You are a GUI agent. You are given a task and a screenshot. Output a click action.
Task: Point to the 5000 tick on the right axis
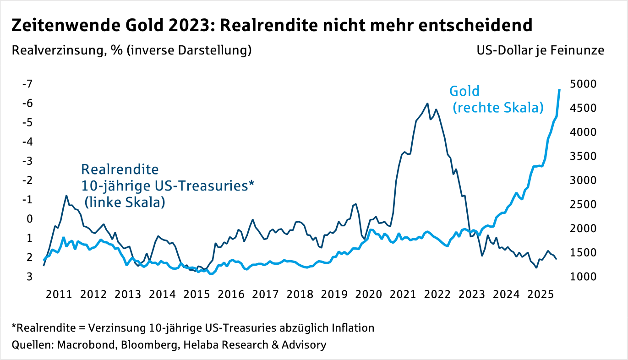pyautogui.click(x=584, y=84)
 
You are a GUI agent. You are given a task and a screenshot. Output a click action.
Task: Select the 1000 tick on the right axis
pyautogui.click(x=584, y=277)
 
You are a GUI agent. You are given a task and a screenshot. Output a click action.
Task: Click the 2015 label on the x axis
pyautogui.click(x=196, y=294)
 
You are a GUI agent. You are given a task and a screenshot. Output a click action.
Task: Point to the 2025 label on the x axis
pyautogui.click(x=540, y=294)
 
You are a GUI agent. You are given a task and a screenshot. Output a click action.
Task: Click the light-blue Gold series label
pyautogui.click(x=464, y=91)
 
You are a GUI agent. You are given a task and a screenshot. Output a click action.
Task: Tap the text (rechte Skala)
pyautogui.click(x=498, y=108)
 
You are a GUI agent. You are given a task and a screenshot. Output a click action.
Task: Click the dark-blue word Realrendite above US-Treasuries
pyautogui.click(x=120, y=169)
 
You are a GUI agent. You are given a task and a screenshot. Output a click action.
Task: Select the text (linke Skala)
pyautogui.click(x=125, y=202)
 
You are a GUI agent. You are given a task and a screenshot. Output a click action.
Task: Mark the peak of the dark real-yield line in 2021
pyautogui.click(x=427, y=104)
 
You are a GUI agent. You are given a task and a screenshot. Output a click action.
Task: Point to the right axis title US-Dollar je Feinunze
pyautogui.click(x=541, y=50)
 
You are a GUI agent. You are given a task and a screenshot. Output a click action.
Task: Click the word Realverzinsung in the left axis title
pyautogui.click(x=55, y=50)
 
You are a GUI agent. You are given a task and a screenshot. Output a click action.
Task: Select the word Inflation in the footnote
pyautogui.click(x=351, y=328)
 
